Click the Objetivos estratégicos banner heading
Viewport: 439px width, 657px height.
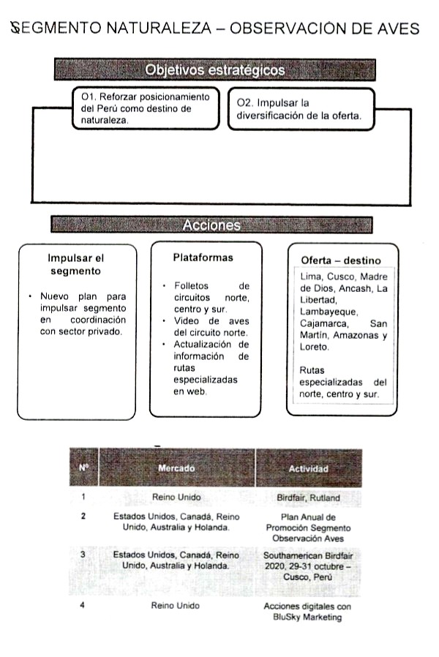(214, 70)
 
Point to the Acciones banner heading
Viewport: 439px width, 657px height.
(211, 225)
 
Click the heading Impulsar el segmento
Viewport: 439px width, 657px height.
(76, 264)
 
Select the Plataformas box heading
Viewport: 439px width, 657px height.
(203, 258)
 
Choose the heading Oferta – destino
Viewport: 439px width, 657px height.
(341, 260)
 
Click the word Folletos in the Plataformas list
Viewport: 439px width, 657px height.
(192, 285)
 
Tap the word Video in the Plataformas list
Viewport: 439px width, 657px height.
(187, 320)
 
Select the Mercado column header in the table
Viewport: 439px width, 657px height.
(176, 468)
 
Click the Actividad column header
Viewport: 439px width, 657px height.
(308, 468)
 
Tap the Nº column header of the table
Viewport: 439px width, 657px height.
(83, 468)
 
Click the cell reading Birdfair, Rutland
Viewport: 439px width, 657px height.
(308, 498)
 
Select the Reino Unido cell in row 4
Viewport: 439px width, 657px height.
(176, 606)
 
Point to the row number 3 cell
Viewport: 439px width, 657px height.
(83, 555)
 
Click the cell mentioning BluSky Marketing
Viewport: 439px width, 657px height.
(308, 612)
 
